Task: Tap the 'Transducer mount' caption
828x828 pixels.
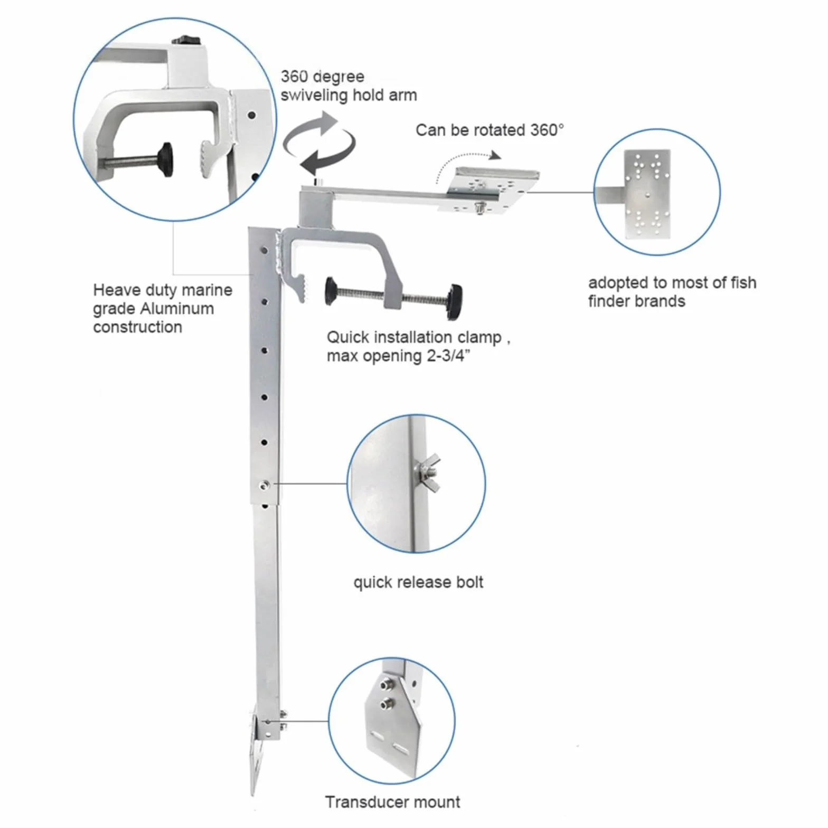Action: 392,802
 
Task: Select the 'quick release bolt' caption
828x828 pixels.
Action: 418,582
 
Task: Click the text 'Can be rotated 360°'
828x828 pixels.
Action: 490,130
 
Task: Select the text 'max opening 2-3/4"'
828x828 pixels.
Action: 398,356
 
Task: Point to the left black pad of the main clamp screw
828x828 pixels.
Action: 331,291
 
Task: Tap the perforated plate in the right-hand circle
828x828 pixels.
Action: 647,194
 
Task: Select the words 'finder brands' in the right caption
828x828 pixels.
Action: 636,301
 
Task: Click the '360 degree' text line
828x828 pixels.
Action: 322,77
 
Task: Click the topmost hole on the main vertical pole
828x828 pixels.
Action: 265,250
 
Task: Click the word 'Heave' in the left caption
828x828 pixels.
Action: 117,290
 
